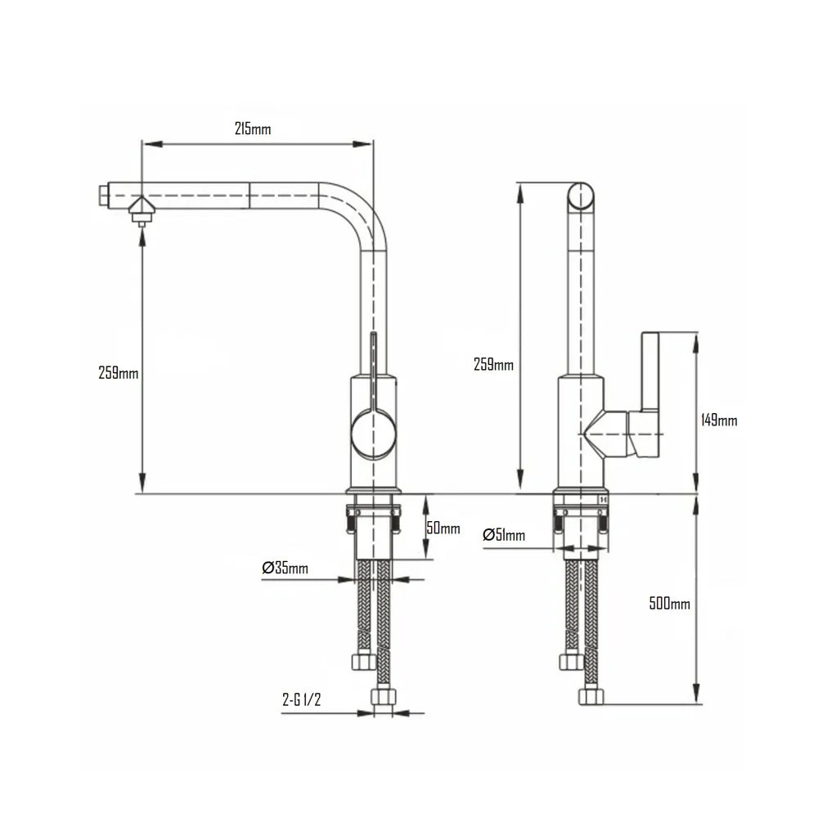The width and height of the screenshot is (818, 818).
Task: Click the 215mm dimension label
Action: click(x=253, y=129)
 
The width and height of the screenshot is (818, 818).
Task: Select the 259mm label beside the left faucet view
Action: click(x=119, y=373)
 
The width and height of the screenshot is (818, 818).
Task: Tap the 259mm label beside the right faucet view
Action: click(x=493, y=365)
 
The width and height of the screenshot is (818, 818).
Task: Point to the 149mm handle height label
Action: click(x=720, y=420)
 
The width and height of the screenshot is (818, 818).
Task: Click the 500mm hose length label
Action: click(x=670, y=604)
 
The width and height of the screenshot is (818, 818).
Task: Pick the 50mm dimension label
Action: click(x=443, y=528)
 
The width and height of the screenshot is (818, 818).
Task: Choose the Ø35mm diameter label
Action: click(x=285, y=569)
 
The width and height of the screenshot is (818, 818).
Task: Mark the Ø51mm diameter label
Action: click(x=504, y=535)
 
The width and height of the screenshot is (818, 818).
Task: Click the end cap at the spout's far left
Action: click(x=102, y=196)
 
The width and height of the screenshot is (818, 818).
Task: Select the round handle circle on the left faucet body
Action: click(x=373, y=434)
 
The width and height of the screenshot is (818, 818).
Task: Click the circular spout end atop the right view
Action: click(x=581, y=197)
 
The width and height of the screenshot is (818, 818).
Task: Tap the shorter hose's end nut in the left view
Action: click(x=363, y=661)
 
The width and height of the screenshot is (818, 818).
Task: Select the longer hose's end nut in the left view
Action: click(x=383, y=697)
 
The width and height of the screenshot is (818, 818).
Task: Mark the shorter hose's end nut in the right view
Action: click(x=571, y=661)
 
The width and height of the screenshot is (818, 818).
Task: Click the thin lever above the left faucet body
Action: click(x=374, y=360)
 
